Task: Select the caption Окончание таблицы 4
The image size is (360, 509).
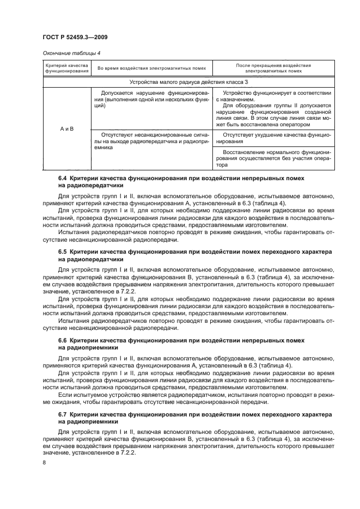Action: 70,53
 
